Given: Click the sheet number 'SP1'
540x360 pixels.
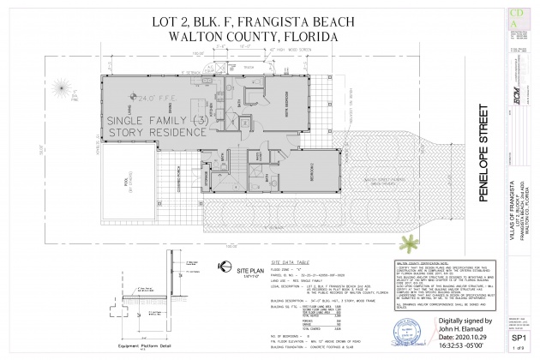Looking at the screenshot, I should [519, 339].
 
